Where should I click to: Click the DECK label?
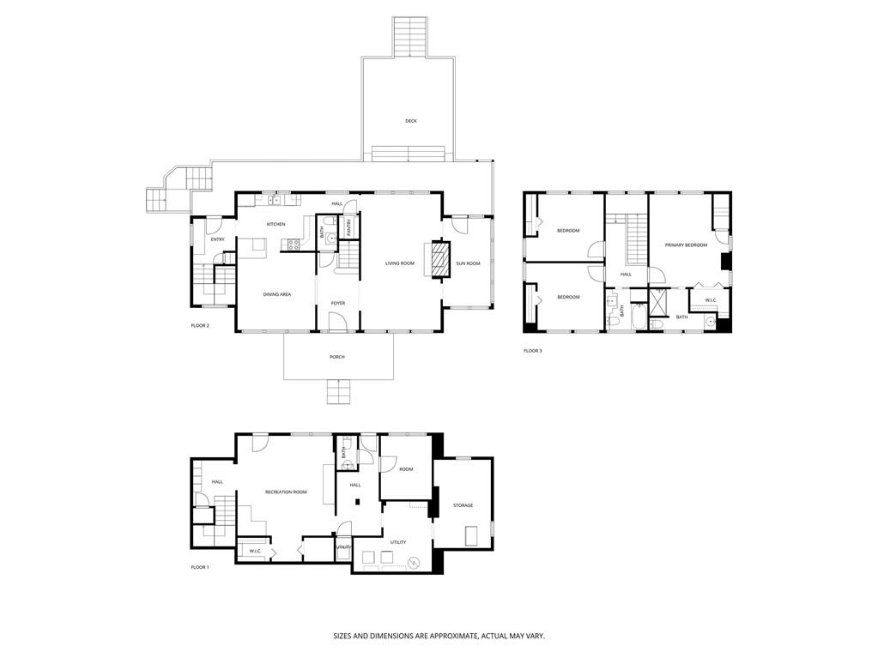tap(411, 121)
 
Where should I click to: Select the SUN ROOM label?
tap(468, 263)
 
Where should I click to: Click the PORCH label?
tap(337, 357)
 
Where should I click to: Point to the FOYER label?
tap(338, 304)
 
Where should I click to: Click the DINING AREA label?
tap(276, 294)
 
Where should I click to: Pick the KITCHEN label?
tap(276, 225)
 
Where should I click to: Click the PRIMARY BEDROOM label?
tap(686, 245)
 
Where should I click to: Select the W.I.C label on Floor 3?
tap(711, 300)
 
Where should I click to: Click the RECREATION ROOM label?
tap(286, 492)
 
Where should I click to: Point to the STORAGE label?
tap(463, 505)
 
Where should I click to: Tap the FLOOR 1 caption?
tap(200, 567)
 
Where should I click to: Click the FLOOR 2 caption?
tap(200, 326)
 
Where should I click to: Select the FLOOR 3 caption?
tap(533, 351)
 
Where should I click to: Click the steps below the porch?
tap(338, 391)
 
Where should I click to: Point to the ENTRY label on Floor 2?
tap(217, 239)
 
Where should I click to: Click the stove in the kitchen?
tap(292, 244)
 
